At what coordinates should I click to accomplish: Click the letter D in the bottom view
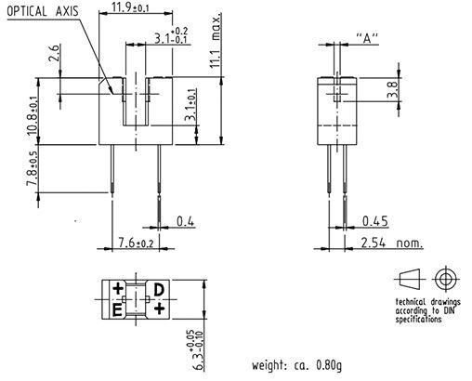pos(159,290)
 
